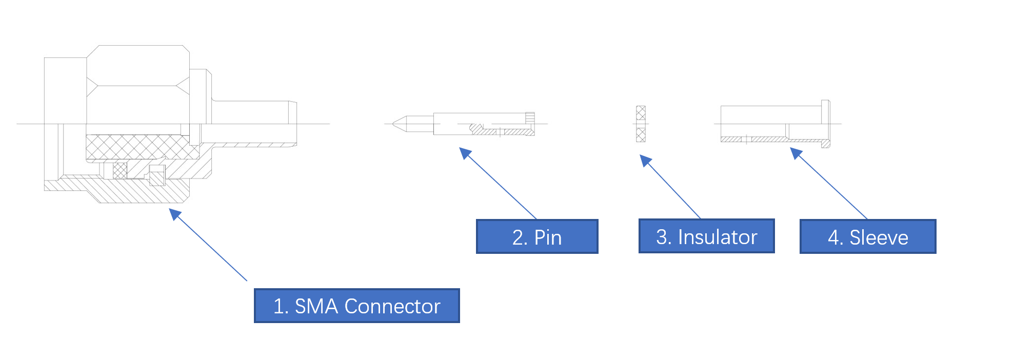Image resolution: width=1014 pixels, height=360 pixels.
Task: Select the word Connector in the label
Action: (x=392, y=306)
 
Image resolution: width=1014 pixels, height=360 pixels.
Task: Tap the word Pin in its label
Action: (x=548, y=237)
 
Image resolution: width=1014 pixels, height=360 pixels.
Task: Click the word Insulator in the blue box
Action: (x=718, y=237)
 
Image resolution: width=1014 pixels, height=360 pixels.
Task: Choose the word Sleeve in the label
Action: (x=879, y=237)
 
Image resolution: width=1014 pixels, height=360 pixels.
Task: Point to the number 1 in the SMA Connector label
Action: (x=279, y=306)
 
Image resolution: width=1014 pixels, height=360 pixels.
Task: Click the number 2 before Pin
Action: (x=519, y=237)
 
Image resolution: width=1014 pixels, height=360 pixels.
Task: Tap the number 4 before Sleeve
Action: (x=834, y=237)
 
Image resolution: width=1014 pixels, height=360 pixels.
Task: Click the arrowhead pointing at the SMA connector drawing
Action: (x=175, y=213)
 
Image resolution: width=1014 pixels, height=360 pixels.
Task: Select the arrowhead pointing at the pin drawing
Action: (x=465, y=153)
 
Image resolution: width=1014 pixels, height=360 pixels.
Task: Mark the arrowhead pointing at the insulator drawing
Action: (x=645, y=161)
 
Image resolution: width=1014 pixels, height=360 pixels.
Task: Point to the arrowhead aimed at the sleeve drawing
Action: (x=796, y=153)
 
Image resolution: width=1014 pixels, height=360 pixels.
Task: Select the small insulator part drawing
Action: (x=641, y=124)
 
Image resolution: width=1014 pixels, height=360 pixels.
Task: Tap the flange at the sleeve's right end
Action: (x=825, y=124)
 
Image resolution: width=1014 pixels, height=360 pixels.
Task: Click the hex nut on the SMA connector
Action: (x=138, y=85)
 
